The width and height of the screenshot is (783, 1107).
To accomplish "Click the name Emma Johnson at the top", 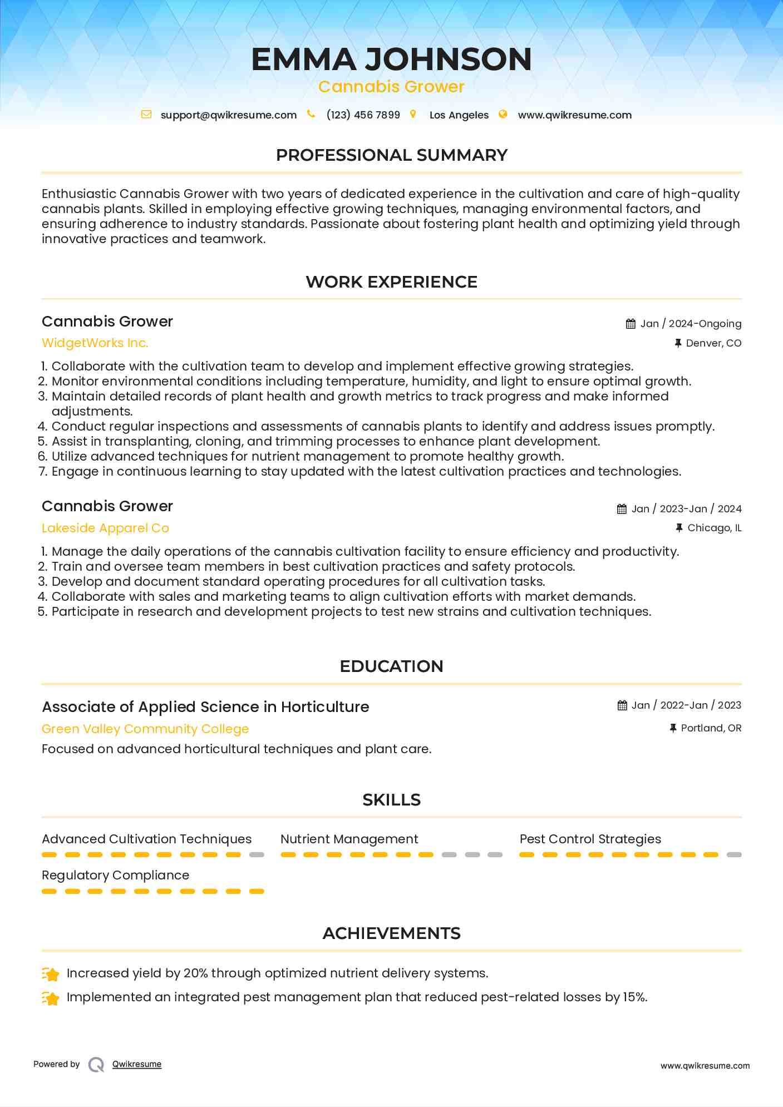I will tap(391, 60).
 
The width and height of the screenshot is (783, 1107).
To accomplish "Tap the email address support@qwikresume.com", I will tap(228, 115).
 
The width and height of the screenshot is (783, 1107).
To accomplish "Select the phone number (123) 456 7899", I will tap(363, 115).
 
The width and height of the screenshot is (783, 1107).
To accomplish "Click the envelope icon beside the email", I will tap(146, 115).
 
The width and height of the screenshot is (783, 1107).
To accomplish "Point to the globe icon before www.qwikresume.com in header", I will tap(503, 115).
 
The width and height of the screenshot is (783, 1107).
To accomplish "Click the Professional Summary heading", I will tap(391, 155).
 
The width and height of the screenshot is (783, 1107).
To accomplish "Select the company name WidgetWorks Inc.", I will tap(95, 343).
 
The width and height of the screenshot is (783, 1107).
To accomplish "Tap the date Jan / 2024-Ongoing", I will tap(691, 324).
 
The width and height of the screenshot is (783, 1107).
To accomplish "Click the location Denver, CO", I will tap(713, 343).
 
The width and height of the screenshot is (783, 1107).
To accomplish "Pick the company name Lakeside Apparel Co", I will tap(105, 528).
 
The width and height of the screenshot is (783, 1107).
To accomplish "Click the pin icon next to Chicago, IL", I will tap(679, 528).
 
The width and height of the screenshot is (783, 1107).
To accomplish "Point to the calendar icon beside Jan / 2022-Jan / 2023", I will tap(622, 705).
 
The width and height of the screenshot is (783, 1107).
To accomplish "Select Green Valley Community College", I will tap(145, 729).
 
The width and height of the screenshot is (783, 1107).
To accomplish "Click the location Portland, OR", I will tap(711, 728).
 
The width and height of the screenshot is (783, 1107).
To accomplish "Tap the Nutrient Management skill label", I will tap(349, 839).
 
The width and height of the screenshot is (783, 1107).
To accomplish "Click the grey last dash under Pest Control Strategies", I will tap(734, 855).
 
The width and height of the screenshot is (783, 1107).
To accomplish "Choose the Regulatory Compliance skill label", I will tap(115, 876).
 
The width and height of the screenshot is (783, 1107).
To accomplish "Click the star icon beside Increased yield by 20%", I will tap(51, 974).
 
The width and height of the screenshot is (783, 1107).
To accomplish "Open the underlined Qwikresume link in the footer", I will tap(137, 1064).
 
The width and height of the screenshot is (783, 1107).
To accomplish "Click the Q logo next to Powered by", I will tap(96, 1065).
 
